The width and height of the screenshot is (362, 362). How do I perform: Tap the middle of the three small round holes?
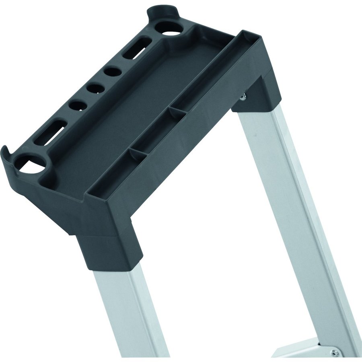[x=96, y=88]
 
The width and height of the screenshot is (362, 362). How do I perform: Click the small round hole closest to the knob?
[x=113, y=72]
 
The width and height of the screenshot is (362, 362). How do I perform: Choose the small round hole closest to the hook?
[x=78, y=105]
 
